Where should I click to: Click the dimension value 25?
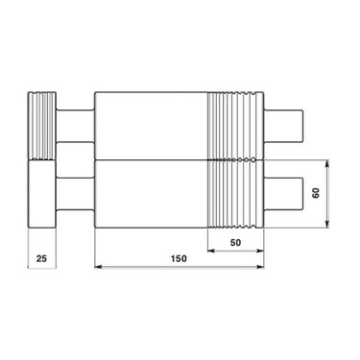point(39,258)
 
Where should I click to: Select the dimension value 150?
point(179,259)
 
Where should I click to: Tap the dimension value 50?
point(235,243)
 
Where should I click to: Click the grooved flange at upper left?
point(41,126)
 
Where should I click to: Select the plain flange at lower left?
point(41,194)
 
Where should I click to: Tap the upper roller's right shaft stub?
point(285,127)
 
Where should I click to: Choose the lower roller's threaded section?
point(235,192)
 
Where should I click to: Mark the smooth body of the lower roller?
point(150,192)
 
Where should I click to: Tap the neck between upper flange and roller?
point(75,127)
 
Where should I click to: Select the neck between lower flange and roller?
point(75,192)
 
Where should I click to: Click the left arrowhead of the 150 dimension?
point(98,267)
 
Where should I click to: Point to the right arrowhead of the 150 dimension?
point(260,267)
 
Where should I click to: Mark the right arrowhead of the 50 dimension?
point(260,252)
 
